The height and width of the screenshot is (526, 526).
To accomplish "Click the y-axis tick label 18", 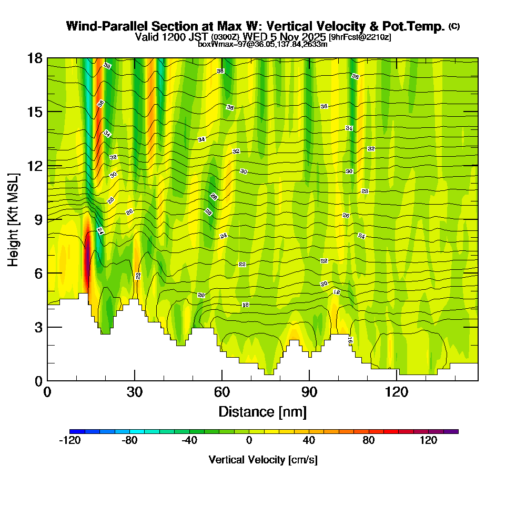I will click(35, 58).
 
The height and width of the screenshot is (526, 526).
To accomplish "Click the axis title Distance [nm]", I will click(262, 411).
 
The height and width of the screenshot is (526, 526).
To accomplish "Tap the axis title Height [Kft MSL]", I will click(14, 219).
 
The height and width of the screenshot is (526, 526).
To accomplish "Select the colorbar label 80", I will click(369, 441).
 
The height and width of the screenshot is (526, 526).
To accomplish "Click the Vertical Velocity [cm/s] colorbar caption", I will click(262, 460).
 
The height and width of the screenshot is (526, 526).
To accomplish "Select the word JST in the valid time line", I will click(200, 37).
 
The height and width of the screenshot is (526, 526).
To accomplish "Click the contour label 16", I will click(350, 341).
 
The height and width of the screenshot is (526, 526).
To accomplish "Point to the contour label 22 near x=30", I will click(138, 276).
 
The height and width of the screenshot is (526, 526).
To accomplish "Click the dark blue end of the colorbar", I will click(73, 431).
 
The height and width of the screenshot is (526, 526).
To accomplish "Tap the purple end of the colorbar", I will click(454, 431).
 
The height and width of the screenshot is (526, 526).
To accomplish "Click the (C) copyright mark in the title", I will click(454, 26).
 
